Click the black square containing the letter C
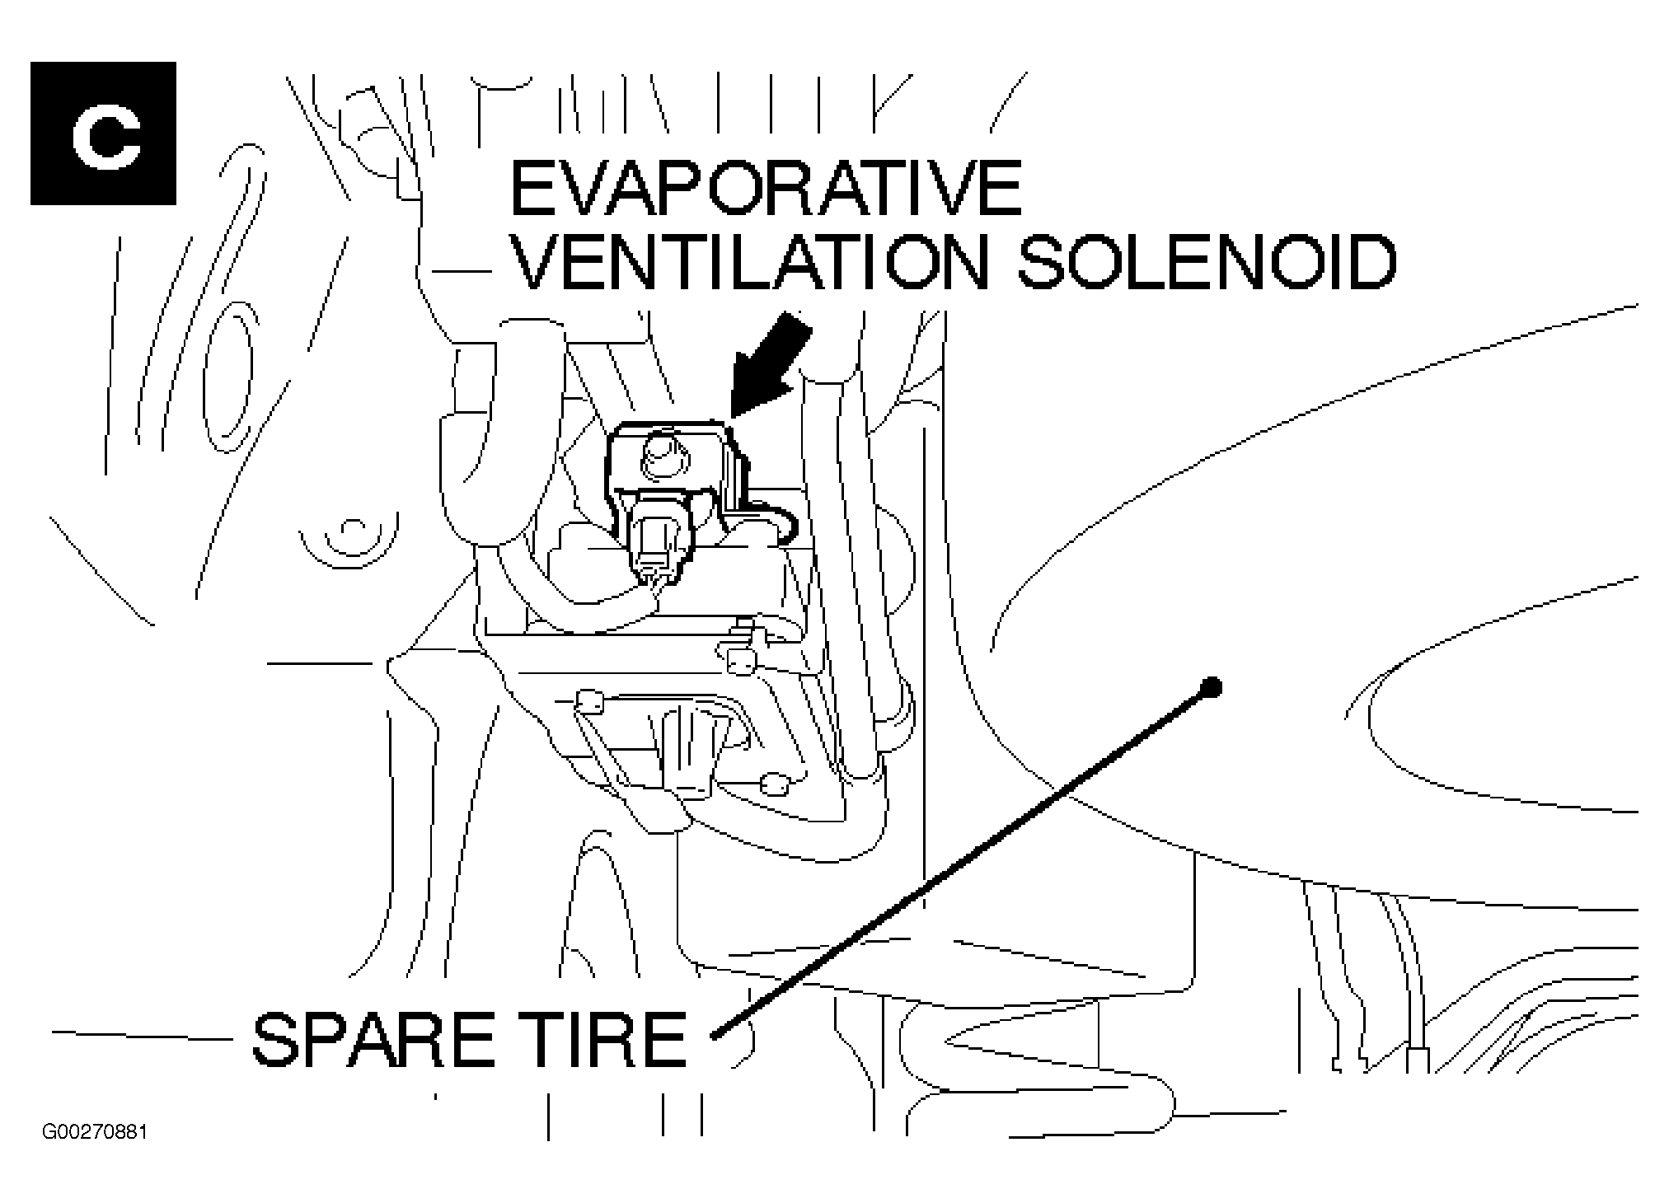click(x=103, y=133)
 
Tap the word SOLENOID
click(x=1207, y=262)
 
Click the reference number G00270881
click(x=95, y=1132)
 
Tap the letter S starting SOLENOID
click(x=1040, y=262)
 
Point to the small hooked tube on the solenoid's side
click(x=779, y=520)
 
